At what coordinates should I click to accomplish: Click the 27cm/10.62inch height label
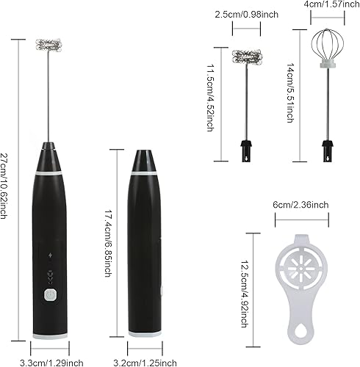tap(4, 186)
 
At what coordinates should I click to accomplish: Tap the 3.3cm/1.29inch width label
tap(51, 363)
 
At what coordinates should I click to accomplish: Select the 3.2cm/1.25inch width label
tap(145, 363)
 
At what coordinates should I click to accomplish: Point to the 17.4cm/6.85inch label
tap(109, 243)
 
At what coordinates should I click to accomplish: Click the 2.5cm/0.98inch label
tap(247, 15)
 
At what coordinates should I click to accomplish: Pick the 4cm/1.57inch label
tap(331, 4)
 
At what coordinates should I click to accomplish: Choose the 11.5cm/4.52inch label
tap(211, 98)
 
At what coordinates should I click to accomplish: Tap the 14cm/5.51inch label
tap(290, 92)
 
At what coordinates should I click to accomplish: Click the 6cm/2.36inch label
tap(300, 205)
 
